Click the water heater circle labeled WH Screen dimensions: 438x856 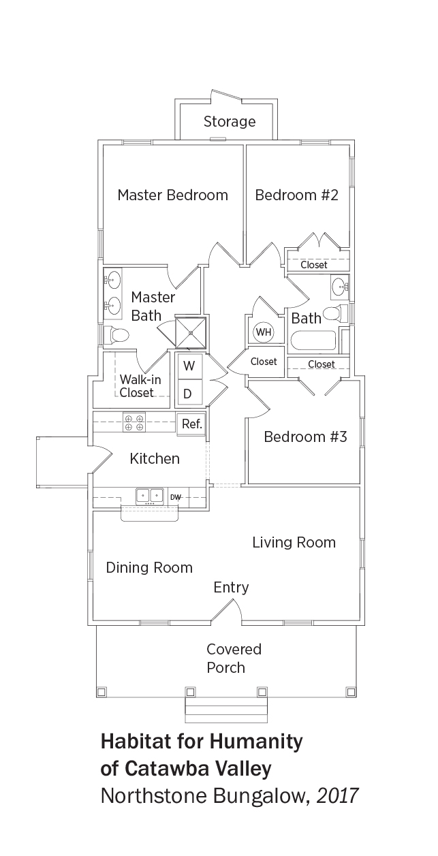pyautogui.click(x=264, y=332)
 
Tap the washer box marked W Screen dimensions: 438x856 pyautogui.click(x=189, y=366)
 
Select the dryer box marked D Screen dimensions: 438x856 pyautogui.click(x=189, y=392)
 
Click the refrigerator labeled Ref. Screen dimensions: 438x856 pyautogui.click(x=191, y=424)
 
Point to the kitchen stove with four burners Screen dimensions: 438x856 pyautogui.click(x=134, y=422)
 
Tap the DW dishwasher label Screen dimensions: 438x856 pyautogui.click(x=176, y=497)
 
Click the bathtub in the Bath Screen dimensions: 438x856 pyautogui.click(x=313, y=340)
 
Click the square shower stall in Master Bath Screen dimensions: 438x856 pyautogui.click(x=190, y=332)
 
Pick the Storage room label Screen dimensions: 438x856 pyautogui.click(x=230, y=121)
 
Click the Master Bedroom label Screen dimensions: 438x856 pyautogui.click(x=173, y=195)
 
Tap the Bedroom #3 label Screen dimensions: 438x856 pyautogui.click(x=305, y=437)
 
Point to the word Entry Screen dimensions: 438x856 pyautogui.click(x=231, y=588)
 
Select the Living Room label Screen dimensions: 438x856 pyautogui.click(x=294, y=543)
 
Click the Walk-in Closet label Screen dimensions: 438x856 pyautogui.click(x=140, y=386)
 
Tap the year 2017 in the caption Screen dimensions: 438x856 pyautogui.click(x=337, y=795)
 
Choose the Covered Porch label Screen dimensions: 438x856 pyautogui.click(x=234, y=659)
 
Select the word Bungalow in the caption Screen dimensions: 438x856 pyautogui.click(x=261, y=796)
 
